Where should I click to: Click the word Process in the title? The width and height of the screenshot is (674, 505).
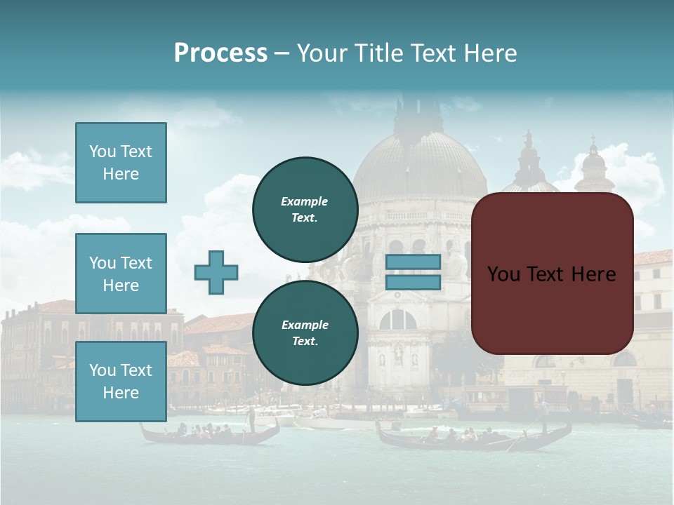point(220,53)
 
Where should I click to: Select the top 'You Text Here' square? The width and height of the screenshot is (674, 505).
point(121,163)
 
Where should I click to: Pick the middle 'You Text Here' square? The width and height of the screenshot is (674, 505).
point(121,274)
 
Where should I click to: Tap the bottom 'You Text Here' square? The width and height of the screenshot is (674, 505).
point(121,382)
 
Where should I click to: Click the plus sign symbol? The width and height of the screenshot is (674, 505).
point(216,272)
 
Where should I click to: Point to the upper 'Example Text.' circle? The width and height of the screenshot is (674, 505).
point(305,209)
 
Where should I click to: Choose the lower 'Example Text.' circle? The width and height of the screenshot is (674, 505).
point(305,332)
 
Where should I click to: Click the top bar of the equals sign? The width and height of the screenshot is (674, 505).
point(413,262)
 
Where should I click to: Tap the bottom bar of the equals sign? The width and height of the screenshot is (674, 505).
point(413,282)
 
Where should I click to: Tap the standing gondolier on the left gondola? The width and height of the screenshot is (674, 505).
point(251,419)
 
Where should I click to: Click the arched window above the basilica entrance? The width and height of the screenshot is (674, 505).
point(398,320)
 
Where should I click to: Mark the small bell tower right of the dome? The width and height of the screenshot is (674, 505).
point(593,165)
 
